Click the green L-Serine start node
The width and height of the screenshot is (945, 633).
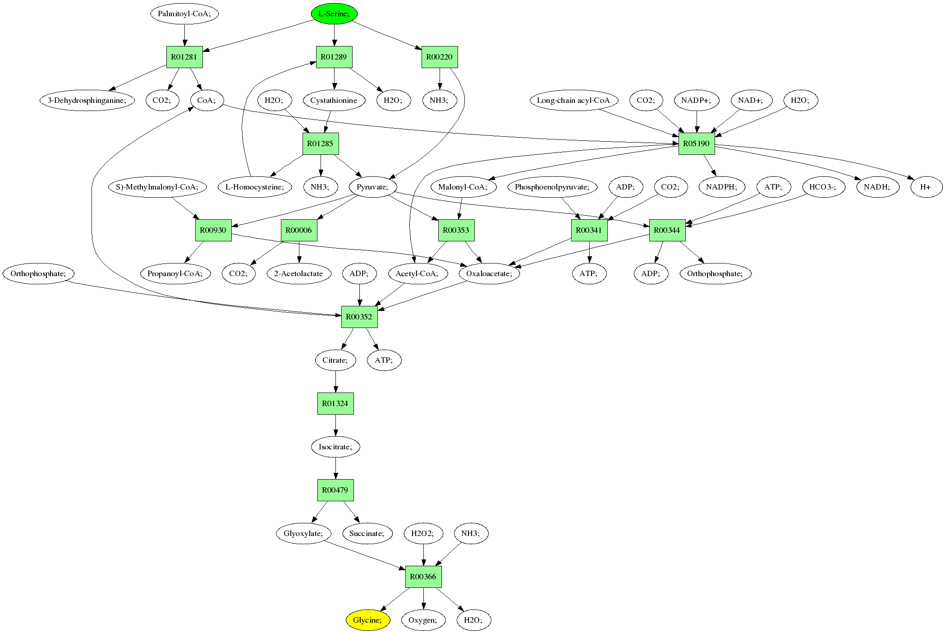pos(334,14)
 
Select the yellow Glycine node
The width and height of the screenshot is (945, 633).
pos(368,620)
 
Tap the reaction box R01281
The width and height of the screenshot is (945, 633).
pos(184,57)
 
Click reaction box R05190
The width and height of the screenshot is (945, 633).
pos(697,143)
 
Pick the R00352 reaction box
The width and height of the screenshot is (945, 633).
pos(359,317)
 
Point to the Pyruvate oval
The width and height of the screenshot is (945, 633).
pos(373,187)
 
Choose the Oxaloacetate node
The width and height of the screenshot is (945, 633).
pos(490,273)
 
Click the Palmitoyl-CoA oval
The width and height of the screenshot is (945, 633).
pos(184,14)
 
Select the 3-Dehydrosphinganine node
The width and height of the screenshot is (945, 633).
pos(87,100)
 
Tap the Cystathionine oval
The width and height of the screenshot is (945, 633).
pos(334,100)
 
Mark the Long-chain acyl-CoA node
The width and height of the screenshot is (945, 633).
pos(573,100)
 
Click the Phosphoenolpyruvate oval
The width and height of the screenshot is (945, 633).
pos(552,187)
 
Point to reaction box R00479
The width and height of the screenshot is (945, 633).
pos(335,490)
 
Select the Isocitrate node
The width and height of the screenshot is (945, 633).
pos(335,447)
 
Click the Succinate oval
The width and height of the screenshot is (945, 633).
pos(367,533)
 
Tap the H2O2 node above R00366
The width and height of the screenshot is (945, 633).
pos(423,533)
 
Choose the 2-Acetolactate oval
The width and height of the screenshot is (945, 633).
pos(299,273)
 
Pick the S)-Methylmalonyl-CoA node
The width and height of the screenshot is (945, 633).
pos(157,187)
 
